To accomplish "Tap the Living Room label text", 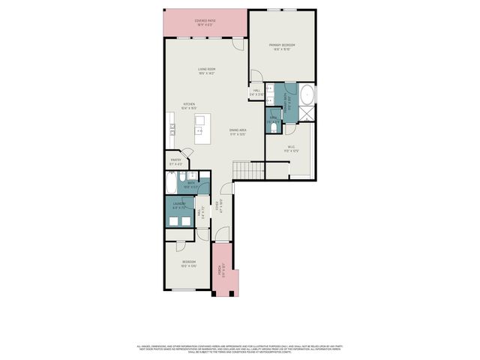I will coord(207,71).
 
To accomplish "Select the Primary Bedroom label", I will coord(283,46).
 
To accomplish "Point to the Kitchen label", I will coord(190,106).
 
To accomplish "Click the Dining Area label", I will coord(238,133).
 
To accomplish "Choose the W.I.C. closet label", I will coord(291,148).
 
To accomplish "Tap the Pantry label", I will coord(176,161).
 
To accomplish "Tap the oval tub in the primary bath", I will coord(307,96).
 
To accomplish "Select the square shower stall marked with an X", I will coord(307,114).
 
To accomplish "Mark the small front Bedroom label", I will coord(187,263).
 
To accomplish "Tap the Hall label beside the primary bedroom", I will coord(256,93).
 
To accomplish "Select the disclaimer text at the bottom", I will coord(240,349).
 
